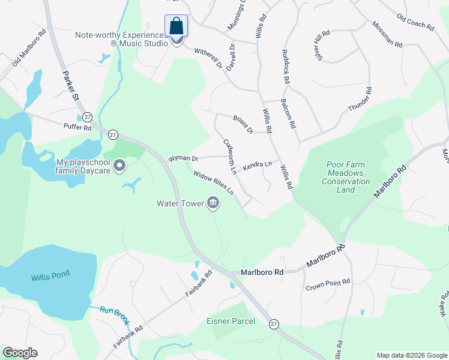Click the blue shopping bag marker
pos(176,26)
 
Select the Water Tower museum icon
pos(212,203)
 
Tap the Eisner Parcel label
pos(231,321)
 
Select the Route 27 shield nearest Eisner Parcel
pos(274,323)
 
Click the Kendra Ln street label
pos(258,164)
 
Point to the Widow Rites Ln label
pos(213,183)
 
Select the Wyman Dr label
pos(184,158)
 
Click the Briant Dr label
pos(243,124)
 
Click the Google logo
pos(20,353)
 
